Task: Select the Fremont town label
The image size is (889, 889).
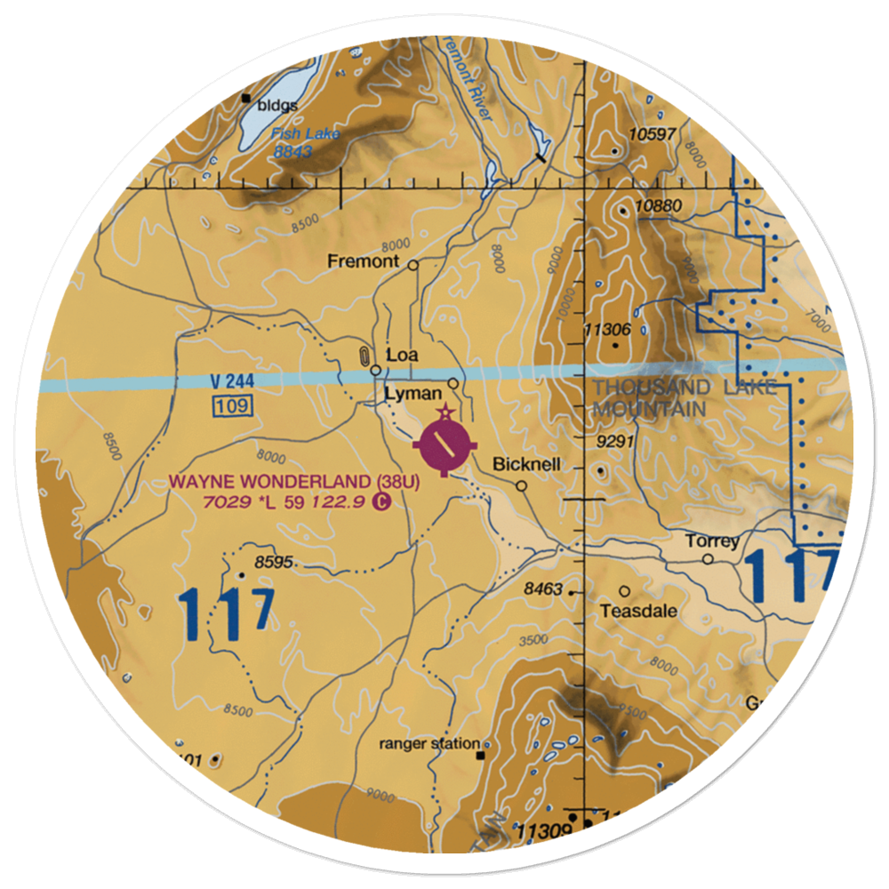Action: click(363, 261)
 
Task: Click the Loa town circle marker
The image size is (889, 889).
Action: click(376, 370)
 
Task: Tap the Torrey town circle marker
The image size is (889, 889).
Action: click(708, 559)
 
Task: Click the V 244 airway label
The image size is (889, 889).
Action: click(228, 381)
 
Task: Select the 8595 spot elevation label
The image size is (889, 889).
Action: click(274, 562)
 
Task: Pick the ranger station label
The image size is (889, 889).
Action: click(429, 743)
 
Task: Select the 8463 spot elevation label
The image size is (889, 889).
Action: click(543, 589)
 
